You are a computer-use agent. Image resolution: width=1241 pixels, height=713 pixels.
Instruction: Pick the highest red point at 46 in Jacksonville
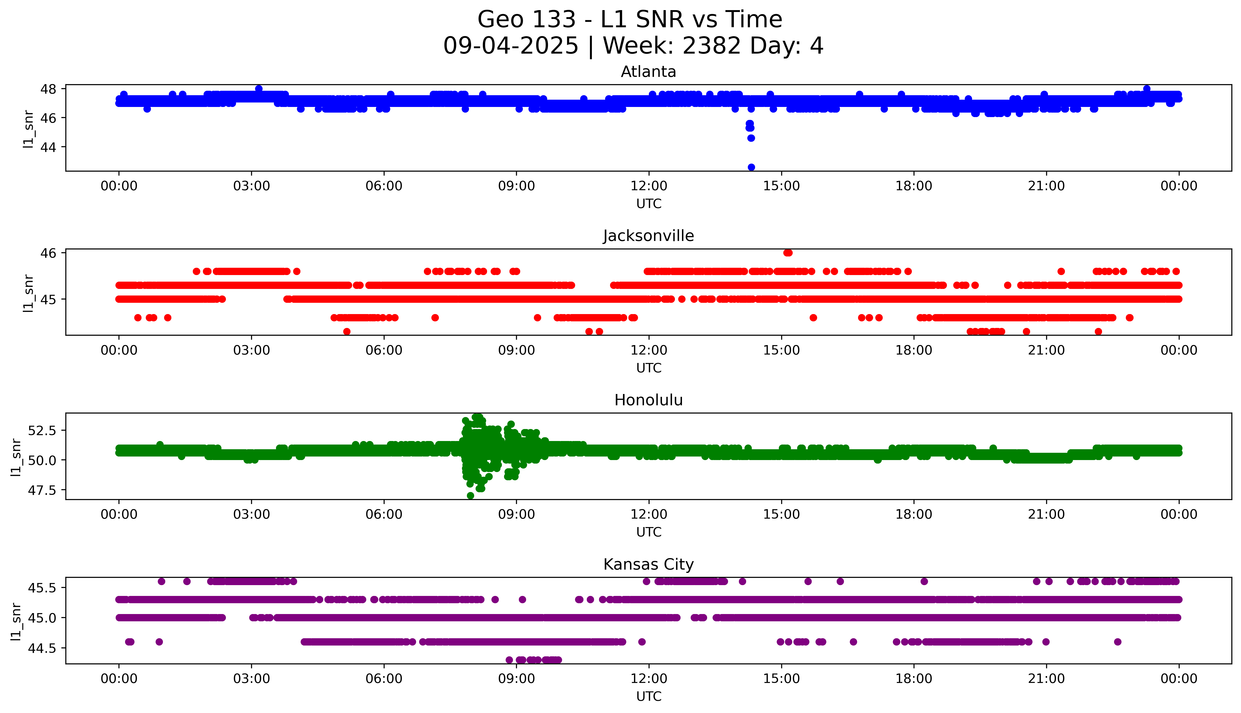[788, 253]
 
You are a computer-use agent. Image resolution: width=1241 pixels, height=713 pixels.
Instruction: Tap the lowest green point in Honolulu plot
[470, 496]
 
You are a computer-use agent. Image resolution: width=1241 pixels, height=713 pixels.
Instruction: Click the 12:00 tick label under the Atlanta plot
[649, 186]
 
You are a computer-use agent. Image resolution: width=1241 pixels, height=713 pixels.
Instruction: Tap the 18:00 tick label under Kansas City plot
[914, 679]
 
